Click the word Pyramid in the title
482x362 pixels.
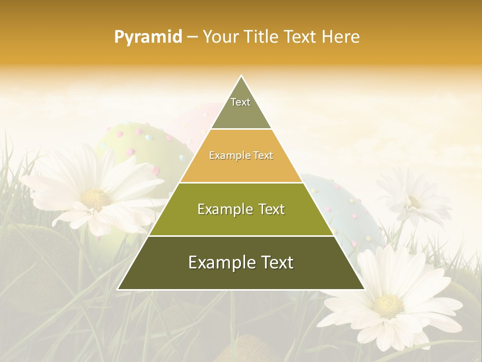pos(148,37)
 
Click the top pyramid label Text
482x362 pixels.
pos(240,102)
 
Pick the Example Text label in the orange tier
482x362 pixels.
pos(241,155)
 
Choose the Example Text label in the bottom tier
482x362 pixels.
pos(241,262)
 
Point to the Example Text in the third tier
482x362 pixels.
pos(241,209)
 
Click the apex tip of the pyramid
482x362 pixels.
pos(241,76)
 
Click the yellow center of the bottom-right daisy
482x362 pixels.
pos(389,305)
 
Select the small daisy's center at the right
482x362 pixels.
pos(414,202)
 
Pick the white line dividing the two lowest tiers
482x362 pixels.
pos(241,236)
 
